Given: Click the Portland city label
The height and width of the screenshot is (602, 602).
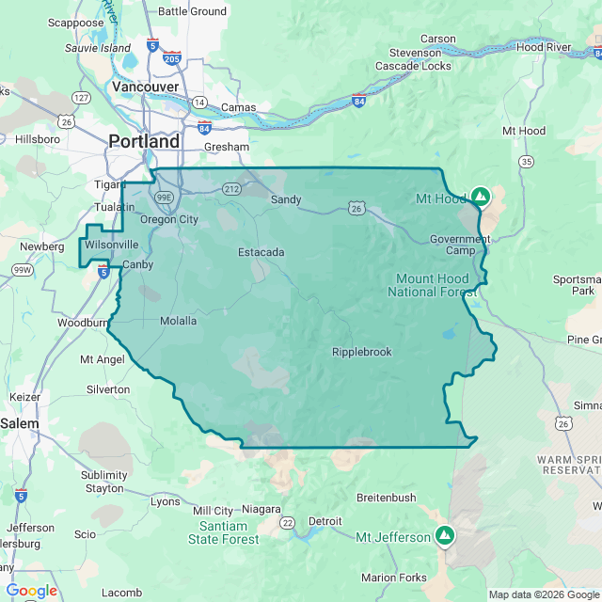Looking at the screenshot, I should [x=144, y=141].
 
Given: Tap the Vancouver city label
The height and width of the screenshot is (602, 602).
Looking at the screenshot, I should [x=145, y=87].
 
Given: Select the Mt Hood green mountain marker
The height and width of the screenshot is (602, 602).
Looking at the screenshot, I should [x=480, y=197].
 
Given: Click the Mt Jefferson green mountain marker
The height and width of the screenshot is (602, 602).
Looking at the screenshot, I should [x=445, y=536].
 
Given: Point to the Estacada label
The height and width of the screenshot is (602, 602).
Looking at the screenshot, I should [x=261, y=252].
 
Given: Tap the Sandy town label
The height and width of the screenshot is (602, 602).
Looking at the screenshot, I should [x=286, y=199].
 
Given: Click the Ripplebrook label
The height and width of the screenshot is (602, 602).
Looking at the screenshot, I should [x=361, y=352].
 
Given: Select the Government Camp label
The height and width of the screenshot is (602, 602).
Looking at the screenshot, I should [x=459, y=245].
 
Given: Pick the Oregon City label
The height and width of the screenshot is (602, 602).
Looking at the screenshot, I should [x=168, y=219].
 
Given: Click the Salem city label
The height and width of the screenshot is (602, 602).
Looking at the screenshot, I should [x=20, y=423].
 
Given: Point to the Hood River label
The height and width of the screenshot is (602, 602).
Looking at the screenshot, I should [x=544, y=46].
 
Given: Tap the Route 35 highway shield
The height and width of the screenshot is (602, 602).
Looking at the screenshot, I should [x=526, y=163].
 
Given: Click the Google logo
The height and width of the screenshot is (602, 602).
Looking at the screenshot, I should [x=31, y=591].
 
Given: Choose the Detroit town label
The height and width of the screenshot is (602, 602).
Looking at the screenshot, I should [x=325, y=520].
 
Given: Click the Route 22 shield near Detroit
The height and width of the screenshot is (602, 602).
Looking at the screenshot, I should [x=287, y=522].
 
